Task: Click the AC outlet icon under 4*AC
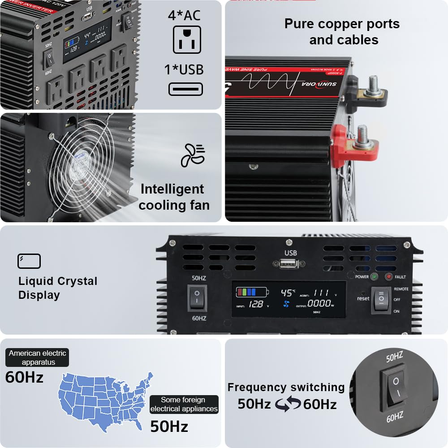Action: point(187,39)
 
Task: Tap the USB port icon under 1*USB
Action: point(185,89)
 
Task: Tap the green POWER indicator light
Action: point(374,276)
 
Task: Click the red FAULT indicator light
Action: point(389,276)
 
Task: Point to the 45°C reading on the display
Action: point(288,293)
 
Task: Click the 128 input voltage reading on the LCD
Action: point(256,305)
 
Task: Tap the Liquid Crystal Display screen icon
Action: point(29,261)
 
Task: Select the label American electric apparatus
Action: point(38,358)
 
